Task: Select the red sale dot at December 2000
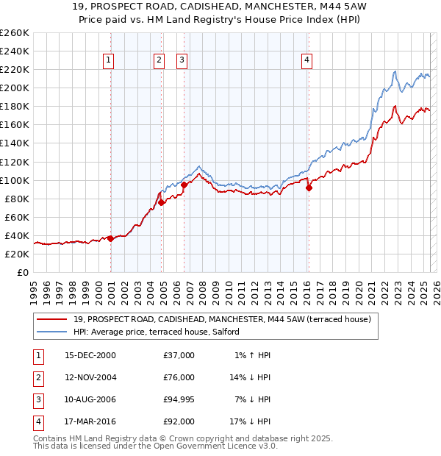[110, 238]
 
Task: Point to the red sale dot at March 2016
[309, 188]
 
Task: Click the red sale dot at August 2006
[184, 185]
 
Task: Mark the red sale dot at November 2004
[161, 202]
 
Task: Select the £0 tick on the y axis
[24, 272]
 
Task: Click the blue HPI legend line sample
[52, 332]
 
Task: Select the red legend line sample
[52, 319]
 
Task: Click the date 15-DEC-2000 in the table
[90, 355]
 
